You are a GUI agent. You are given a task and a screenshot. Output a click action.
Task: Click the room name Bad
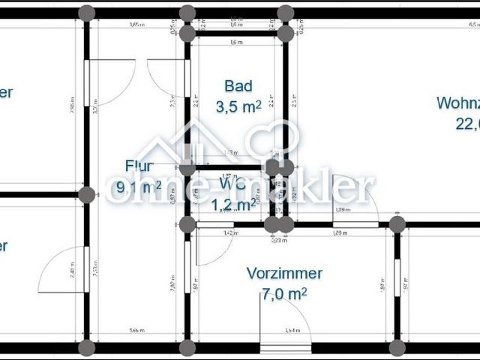tap(238, 86)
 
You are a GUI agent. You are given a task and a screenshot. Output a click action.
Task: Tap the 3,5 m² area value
tap(238, 106)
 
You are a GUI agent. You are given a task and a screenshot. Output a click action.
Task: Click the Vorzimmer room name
tap(284, 274)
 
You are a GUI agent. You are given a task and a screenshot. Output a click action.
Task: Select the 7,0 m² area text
tap(284, 294)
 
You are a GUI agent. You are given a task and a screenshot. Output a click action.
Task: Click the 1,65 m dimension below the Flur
tap(136, 330)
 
